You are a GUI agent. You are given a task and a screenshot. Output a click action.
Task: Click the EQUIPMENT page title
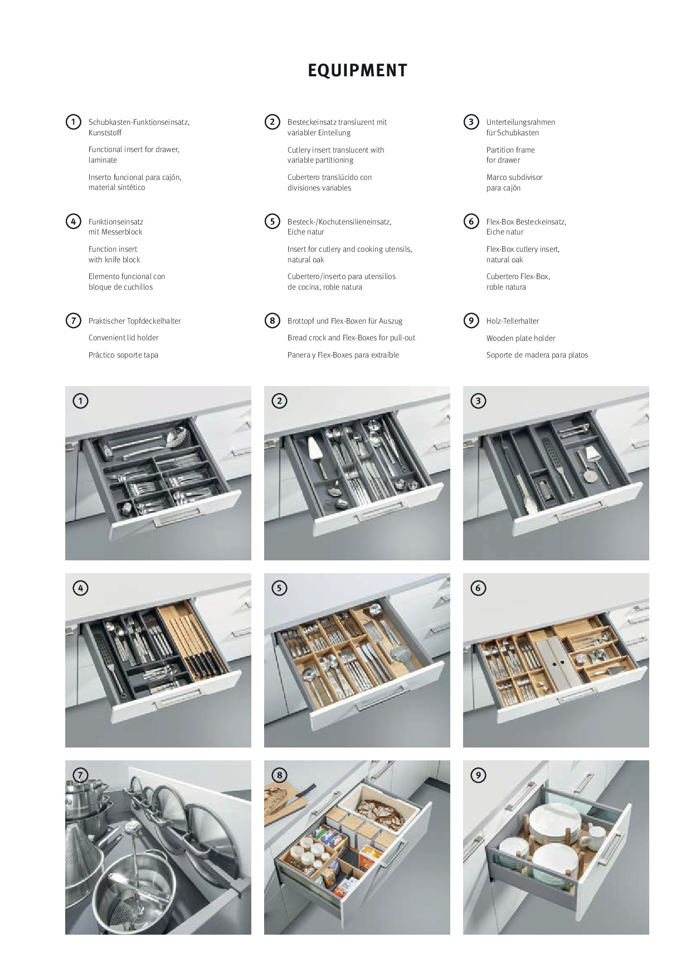[357, 71]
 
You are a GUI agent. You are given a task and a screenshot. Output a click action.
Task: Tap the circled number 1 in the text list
[73, 122]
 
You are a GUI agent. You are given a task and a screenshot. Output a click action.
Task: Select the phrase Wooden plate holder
[520, 338]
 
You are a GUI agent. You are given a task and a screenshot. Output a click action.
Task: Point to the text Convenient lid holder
[123, 338]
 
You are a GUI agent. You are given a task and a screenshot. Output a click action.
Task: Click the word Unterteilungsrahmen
[520, 122]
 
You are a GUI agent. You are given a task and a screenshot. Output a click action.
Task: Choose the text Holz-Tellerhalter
[513, 321]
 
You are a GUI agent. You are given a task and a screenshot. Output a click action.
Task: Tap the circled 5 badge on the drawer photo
[279, 588]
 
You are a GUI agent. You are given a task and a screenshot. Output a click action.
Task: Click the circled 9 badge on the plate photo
[478, 775]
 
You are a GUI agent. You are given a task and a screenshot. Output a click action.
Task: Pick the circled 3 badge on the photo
[478, 400]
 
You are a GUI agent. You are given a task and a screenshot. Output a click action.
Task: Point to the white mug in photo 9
[594, 836]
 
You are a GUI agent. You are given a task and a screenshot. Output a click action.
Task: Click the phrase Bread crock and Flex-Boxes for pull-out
[351, 338]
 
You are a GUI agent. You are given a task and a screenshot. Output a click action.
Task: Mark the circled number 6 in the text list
[471, 222]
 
